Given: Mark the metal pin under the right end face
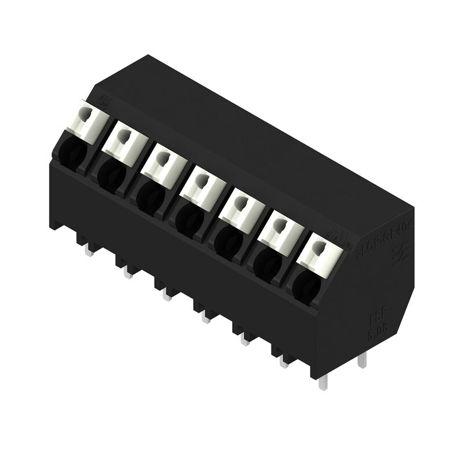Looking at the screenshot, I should tap(362, 360).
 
